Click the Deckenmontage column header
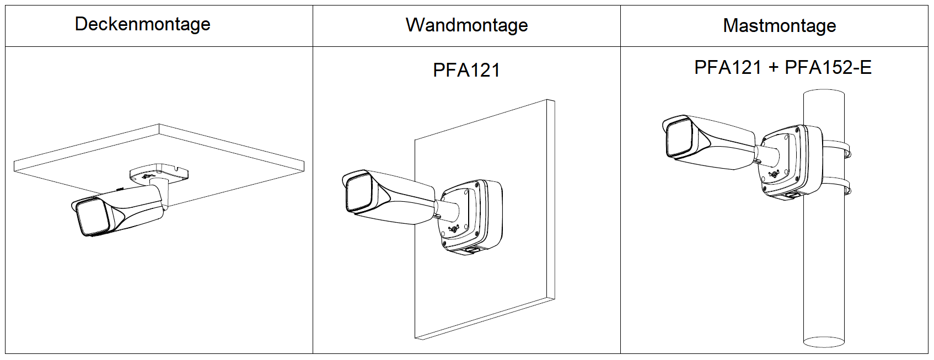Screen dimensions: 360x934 pyautogui.click(x=142, y=24)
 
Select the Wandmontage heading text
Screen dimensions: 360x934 pyautogui.click(x=466, y=25)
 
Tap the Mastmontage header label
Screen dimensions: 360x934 pyautogui.click(x=779, y=26)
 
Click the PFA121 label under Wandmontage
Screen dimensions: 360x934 pyautogui.click(x=466, y=71)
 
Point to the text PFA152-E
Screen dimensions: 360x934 pyautogui.click(x=828, y=68)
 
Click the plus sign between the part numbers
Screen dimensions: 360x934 pyautogui.click(x=773, y=68)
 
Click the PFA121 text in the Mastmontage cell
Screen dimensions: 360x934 pyautogui.click(x=727, y=68)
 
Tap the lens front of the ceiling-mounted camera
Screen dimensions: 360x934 pyautogui.click(x=92, y=216)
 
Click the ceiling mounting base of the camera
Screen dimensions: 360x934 pyautogui.click(x=159, y=173)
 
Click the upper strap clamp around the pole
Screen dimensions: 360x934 pyautogui.click(x=836, y=146)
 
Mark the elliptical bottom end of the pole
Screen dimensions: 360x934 pyautogui.click(x=823, y=342)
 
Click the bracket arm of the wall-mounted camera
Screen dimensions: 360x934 pyautogui.click(x=447, y=210)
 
